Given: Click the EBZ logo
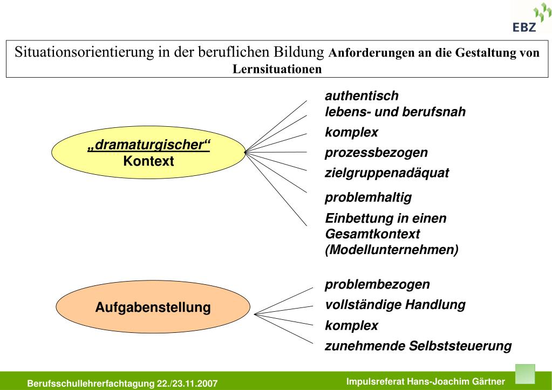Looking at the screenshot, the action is pyautogui.click(x=528, y=19).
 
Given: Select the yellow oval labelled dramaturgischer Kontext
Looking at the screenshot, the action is pyautogui.click(x=148, y=153).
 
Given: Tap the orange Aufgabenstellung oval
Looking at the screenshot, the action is pyautogui.click(x=153, y=308).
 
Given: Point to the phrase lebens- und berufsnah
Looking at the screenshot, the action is pyautogui.click(x=395, y=112).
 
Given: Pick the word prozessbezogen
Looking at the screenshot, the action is pyautogui.click(x=376, y=153).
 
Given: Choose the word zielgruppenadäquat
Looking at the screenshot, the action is pyautogui.click(x=387, y=173).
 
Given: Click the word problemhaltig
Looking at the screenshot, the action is pyautogui.click(x=368, y=197).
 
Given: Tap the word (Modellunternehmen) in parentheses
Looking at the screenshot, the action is pyautogui.click(x=392, y=250).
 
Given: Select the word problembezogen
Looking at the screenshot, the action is pyautogui.click(x=377, y=284).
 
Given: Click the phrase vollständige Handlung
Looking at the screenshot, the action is pyautogui.click(x=395, y=305).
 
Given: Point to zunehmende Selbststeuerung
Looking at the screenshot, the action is pyautogui.click(x=418, y=346).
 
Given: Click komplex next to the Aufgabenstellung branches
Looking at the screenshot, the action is pyautogui.click(x=351, y=326).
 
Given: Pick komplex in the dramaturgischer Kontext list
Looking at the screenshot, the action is pyautogui.click(x=351, y=132).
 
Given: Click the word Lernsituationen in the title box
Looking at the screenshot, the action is pyautogui.click(x=277, y=70).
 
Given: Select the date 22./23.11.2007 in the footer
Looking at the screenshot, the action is pyautogui.click(x=187, y=384).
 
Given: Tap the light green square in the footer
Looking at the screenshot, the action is pyautogui.click(x=525, y=373).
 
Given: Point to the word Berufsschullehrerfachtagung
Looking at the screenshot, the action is pyautogui.click(x=91, y=384).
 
